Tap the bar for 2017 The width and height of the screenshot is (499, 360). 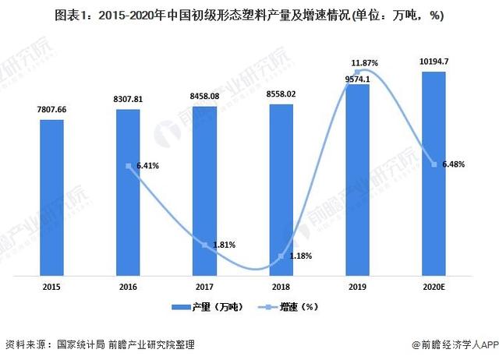tap(204, 191)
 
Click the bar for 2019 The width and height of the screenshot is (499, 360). tap(357, 179)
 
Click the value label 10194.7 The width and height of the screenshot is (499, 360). tap(434, 62)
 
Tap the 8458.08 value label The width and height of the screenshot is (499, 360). tap(204, 97)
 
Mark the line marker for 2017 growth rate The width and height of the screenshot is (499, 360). tap(204, 245)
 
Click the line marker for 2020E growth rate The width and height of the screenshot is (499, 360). tap(434, 164)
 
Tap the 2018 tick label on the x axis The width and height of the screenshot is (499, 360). tap(281, 288)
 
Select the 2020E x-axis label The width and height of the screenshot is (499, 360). tap(434, 288)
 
